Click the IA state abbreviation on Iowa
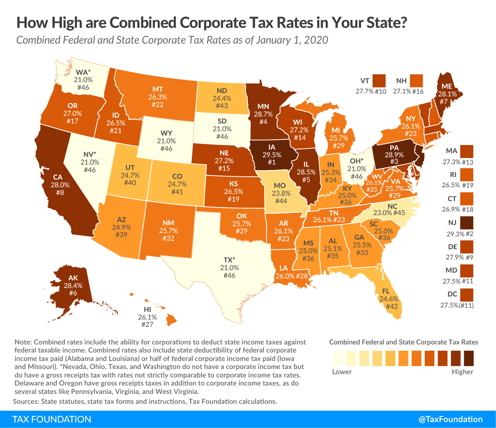(x=271, y=147)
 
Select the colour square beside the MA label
(x=467, y=151)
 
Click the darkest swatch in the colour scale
(x=469, y=358)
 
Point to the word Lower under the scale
(x=342, y=372)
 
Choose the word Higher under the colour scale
(x=462, y=372)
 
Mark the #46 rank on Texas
(x=230, y=276)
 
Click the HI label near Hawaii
(x=148, y=310)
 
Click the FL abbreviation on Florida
(x=386, y=291)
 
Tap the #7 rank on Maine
(x=444, y=101)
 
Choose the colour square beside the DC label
(x=467, y=294)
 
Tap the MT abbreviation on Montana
(x=158, y=89)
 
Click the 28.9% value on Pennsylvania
(x=394, y=155)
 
